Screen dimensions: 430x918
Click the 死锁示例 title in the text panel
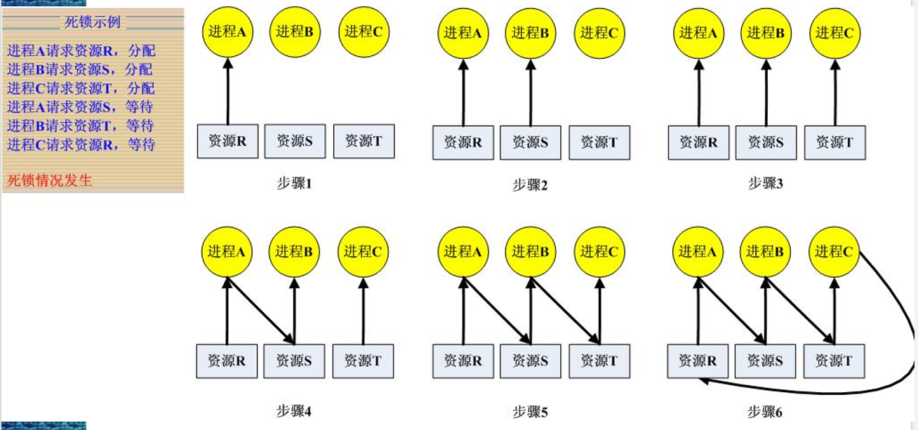[93, 22]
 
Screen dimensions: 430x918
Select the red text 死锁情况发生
[50, 180]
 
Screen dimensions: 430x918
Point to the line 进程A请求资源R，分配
[81, 51]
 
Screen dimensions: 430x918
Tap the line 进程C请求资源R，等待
[81, 145]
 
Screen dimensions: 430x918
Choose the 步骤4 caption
[293, 411]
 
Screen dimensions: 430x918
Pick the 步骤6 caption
[765, 412]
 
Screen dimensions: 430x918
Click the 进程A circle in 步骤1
[227, 31]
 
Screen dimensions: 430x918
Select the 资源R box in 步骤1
[227, 141]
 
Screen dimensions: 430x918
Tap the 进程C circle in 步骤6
[834, 251]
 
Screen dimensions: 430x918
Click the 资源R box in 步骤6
[698, 361]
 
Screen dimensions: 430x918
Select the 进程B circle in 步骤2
[530, 32]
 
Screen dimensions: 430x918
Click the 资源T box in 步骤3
[834, 142]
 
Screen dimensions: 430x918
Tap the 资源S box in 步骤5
[531, 361]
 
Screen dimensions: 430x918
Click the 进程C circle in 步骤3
[834, 32]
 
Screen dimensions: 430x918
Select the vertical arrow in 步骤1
[227, 91]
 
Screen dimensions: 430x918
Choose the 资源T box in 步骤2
[599, 142]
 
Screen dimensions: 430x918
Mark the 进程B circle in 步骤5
[530, 251]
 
